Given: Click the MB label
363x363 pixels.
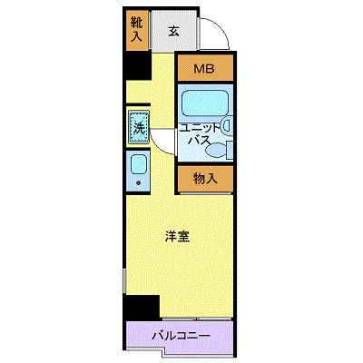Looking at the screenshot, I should point(204,69).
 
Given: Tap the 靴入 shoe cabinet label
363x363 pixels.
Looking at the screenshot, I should point(136,31).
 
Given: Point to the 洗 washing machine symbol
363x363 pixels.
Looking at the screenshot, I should point(140,126).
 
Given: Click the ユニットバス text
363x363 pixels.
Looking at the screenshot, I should point(200,134).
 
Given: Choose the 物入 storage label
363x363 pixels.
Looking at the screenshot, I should point(205,179).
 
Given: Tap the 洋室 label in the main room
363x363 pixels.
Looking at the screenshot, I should point(176,238).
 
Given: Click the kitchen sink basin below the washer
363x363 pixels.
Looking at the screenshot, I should point(139,164).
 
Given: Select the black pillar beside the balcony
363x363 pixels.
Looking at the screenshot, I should point(142,308).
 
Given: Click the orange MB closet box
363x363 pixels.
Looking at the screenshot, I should point(204,69).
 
